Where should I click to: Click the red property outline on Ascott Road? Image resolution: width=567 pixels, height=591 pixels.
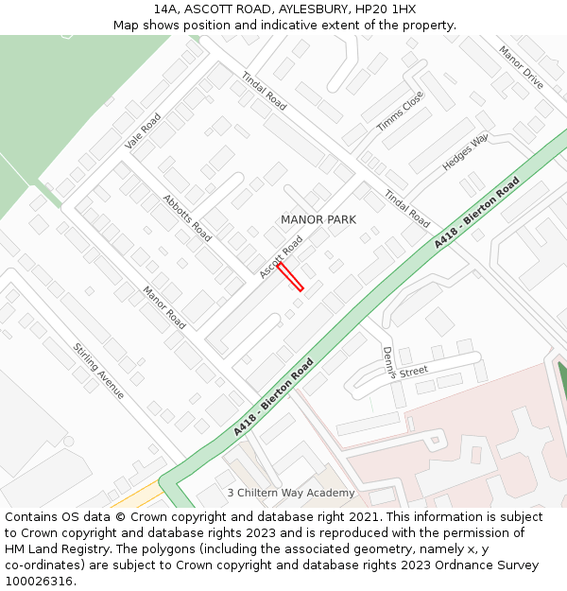point(290,277)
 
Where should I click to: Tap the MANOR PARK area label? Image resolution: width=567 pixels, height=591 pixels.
point(318,219)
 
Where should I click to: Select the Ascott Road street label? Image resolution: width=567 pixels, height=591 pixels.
point(282,256)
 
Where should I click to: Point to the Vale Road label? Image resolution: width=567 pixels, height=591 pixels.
point(143,131)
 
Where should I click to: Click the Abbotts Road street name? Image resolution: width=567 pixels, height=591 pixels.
point(187,217)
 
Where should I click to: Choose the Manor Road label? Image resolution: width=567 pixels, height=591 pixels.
point(164,307)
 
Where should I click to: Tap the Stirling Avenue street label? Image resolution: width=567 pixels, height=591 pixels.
point(99,370)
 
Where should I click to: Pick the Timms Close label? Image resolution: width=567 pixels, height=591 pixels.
point(401,112)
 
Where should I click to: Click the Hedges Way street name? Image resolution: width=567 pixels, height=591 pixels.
point(465,152)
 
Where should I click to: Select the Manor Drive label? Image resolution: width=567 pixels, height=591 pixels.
point(521,68)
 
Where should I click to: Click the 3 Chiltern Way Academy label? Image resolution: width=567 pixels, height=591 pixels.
point(291,493)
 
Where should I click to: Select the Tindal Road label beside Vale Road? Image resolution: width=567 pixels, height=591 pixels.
point(264,91)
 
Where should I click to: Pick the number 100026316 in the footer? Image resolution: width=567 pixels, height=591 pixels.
point(38,581)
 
